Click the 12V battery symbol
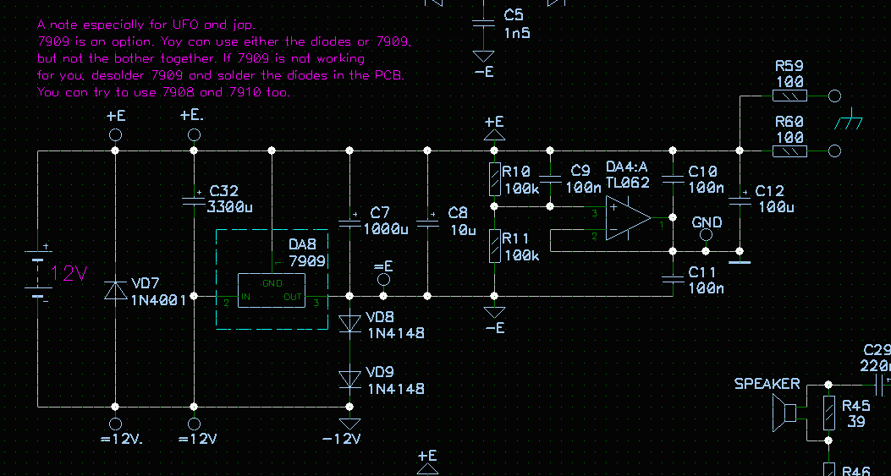click(x=37, y=273)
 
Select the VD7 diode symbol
click(x=115, y=290)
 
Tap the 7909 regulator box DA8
click(x=271, y=290)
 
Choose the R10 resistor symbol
click(x=493, y=178)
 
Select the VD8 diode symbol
click(x=349, y=323)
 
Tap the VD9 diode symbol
click(x=349, y=379)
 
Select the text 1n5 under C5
click(x=517, y=32)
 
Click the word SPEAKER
click(x=767, y=384)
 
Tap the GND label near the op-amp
click(x=707, y=222)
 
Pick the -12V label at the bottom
click(x=341, y=439)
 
